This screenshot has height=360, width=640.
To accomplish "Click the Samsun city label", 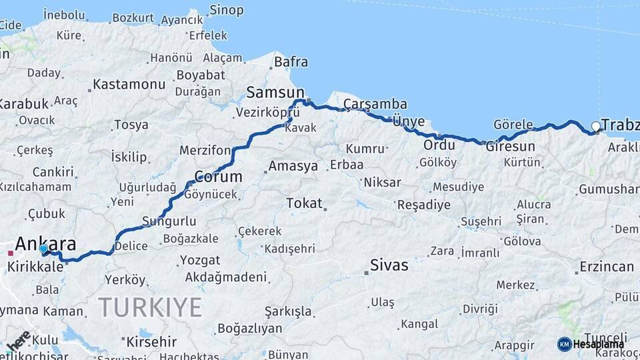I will coord(275,92).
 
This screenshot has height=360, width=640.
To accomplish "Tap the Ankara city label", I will coord(45,243).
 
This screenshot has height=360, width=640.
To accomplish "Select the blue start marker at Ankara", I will coord(43,249).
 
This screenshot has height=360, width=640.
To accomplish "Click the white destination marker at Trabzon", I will coord(596,126).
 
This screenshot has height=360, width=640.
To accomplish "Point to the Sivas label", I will coord(390,265).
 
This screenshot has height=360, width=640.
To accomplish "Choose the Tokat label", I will coord(304,203).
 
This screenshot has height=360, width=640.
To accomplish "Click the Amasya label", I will coord(293,166).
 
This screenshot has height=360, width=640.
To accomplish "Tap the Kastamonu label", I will coord(129,85).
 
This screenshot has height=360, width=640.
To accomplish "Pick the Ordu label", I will coord(439,145).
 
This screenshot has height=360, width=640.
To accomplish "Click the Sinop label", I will coord(227,10).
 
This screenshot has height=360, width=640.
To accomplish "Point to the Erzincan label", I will coord(607,267).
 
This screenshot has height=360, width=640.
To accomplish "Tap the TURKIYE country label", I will coord(150,307).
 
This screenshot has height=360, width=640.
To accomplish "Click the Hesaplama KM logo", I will coord(591,344).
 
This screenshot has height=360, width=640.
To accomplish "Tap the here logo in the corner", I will coord(17,340).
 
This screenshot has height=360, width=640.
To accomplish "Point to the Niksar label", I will coord(382,182).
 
